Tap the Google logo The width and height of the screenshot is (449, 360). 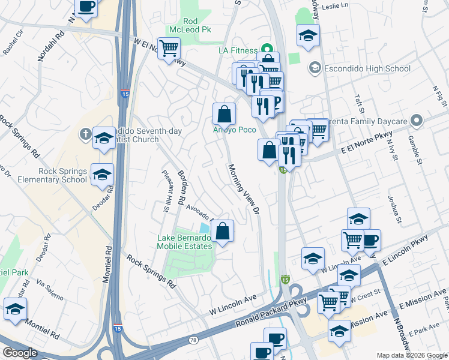[x=20, y=353]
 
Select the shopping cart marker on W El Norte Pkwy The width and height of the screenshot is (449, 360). [x=169, y=47]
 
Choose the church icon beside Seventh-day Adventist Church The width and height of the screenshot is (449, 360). [x=85, y=134]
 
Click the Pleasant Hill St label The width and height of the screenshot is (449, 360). [x=164, y=190]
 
